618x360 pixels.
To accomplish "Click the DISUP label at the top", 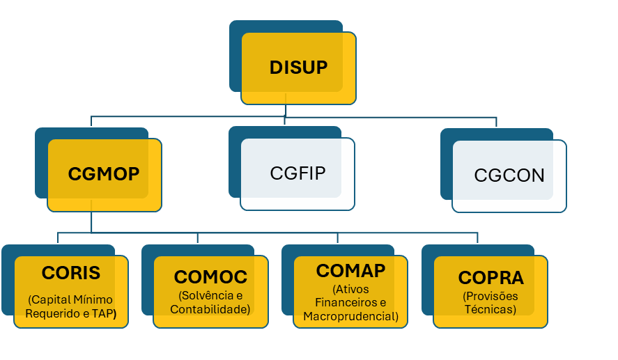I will coord(298,68).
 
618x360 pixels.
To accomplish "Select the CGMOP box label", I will coord(104,173).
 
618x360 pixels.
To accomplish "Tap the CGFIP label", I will coord(298,173).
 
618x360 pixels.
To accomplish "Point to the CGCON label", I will coord(509,175).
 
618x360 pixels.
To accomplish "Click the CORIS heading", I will coord(71,272).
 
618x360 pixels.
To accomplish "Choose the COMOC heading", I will coord(210,276).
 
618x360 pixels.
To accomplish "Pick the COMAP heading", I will coord(350,270).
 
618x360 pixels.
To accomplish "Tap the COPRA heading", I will coord(490,277).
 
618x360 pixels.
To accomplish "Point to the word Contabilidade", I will coord(210,309).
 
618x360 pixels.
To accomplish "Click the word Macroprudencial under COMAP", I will coord(350,317).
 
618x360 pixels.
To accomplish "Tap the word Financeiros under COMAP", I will coord(346,303).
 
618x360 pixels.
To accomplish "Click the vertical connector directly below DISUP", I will coord(286,110).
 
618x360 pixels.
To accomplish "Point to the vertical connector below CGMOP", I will coord(91,222).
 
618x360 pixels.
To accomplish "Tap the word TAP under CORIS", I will coord(104,313).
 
